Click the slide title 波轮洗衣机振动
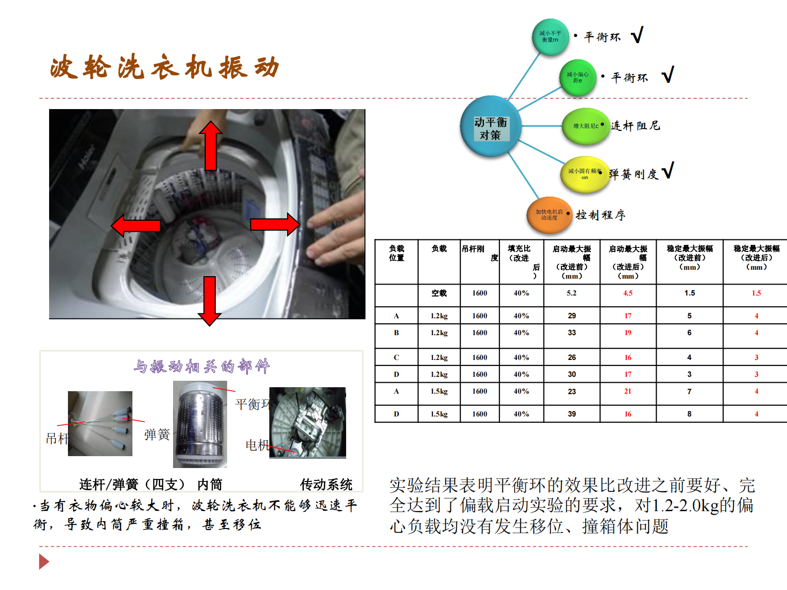click(x=165, y=67)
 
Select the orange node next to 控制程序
click(x=549, y=215)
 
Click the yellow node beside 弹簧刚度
click(x=585, y=174)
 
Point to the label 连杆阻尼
click(x=635, y=125)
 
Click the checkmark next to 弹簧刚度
click(x=668, y=170)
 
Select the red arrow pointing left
click(x=136, y=226)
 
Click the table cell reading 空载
click(x=439, y=293)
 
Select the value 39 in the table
click(x=572, y=413)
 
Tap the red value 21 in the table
click(x=628, y=391)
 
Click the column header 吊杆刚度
click(x=479, y=253)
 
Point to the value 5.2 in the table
click(x=572, y=293)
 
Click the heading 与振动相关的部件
click(x=201, y=366)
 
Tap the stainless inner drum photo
click(x=200, y=424)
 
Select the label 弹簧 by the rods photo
click(x=157, y=435)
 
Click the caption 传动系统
click(x=326, y=484)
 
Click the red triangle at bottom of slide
click(x=44, y=562)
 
